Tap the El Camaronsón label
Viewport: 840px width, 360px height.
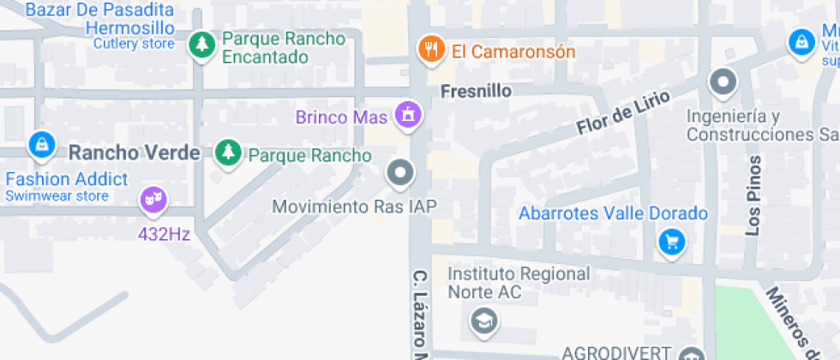[x=513, y=51]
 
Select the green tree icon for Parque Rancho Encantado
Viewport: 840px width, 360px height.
[x=202, y=45]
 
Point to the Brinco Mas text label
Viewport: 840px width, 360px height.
[x=342, y=117]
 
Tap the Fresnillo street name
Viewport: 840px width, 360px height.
[x=476, y=91]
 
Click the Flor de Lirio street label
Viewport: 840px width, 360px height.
[x=611, y=114]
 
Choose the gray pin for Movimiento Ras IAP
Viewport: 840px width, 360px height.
[x=400, y=174]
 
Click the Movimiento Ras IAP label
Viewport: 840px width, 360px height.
[x=354, y=207]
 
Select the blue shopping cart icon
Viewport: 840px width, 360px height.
[x=672, y=242]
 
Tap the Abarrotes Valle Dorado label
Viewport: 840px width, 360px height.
[x=613, y=213]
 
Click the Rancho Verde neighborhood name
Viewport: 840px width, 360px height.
[x=134, y=153]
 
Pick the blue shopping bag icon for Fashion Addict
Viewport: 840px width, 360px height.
[x=41, y=145]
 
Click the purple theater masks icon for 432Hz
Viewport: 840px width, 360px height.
[x=153, y=201]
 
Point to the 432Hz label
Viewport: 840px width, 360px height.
[x=164, y=232]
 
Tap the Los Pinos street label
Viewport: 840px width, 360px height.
[x=753, y=196]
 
